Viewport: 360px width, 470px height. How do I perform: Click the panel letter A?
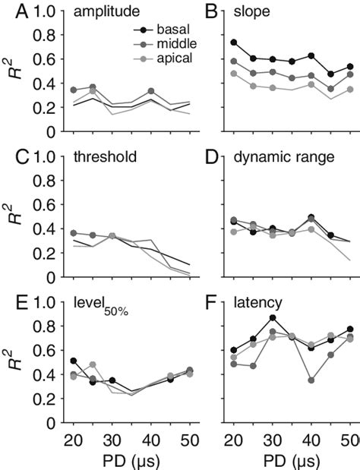click(x=9, y=13)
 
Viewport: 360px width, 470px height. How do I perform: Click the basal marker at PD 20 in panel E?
click(x=73, y=361)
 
